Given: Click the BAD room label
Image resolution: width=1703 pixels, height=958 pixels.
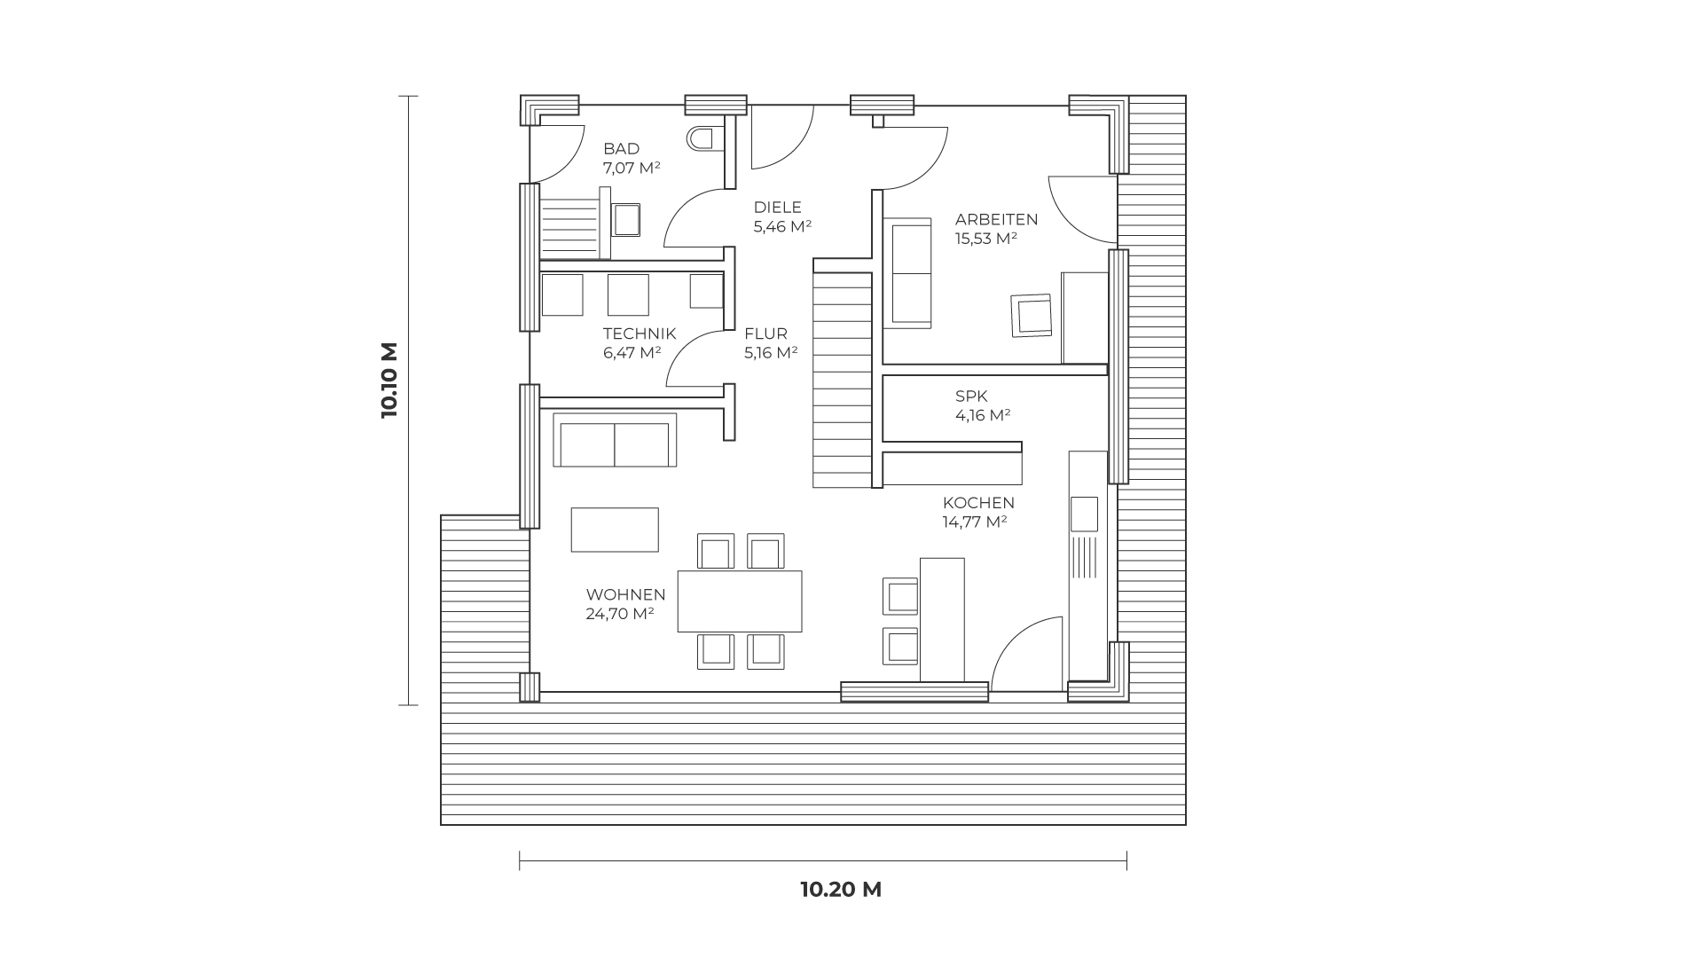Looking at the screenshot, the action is (621, 149).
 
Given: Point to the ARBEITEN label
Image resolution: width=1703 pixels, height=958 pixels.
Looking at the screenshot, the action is (996, 220).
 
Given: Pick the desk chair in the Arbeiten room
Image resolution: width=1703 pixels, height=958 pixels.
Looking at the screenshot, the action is (1032, 316).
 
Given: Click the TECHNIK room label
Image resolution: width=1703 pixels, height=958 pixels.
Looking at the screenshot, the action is (640, 334).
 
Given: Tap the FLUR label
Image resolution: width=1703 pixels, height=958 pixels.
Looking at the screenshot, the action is (765, 334).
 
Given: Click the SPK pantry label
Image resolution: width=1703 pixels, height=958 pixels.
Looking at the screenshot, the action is (971, 397).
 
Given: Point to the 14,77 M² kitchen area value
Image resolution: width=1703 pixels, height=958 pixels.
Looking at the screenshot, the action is (975, 522).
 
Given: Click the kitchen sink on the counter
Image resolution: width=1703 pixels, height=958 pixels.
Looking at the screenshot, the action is (1084, 514).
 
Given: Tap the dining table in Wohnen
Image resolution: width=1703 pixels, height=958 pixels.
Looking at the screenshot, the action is (740, 601).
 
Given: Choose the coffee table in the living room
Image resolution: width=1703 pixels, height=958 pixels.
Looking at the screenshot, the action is (615, 530).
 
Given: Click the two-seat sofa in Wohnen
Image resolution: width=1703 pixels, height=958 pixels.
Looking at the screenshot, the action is (614, 440).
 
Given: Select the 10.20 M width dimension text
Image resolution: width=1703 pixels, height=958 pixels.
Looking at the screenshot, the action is (841, 890).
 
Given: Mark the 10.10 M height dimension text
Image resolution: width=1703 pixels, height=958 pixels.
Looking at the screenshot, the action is (389, 381).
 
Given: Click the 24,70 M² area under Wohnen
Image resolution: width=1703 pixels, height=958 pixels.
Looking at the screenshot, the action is (620, 613).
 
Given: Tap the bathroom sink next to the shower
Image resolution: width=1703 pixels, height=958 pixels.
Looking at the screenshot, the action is (626, 219).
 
